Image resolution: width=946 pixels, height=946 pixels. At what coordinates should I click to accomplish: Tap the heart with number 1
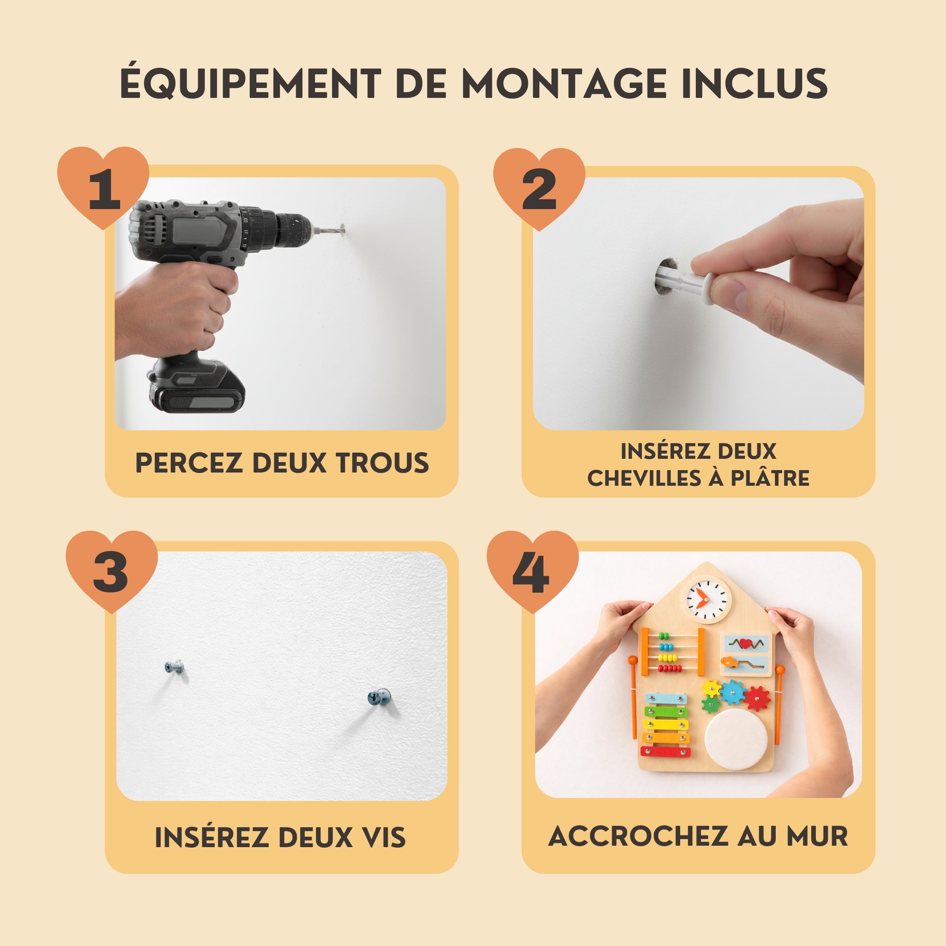click(x=103, y=186)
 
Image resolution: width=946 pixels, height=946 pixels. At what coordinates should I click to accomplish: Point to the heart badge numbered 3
click(x=112, y=570)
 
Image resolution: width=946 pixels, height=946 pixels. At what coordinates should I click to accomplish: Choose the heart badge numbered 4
click(x=533, y=570)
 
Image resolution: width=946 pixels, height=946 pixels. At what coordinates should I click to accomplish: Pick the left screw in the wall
click(x=175, y=666)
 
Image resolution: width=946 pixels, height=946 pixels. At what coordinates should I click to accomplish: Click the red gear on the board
click(x=757, y=698)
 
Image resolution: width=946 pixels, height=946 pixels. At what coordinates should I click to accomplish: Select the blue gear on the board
click(x=733, y=692)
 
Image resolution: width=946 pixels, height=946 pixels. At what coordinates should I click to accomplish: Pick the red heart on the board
click(x=745, y=643)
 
